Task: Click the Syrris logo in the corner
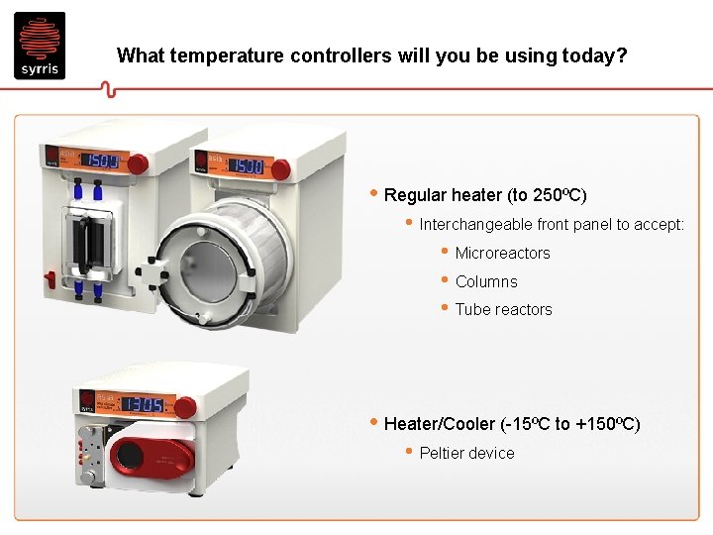40,46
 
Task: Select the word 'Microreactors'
502,254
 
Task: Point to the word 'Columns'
486,281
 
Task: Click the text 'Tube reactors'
503,310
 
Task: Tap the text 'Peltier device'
466,454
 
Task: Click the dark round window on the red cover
128,457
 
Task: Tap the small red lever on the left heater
140,161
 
